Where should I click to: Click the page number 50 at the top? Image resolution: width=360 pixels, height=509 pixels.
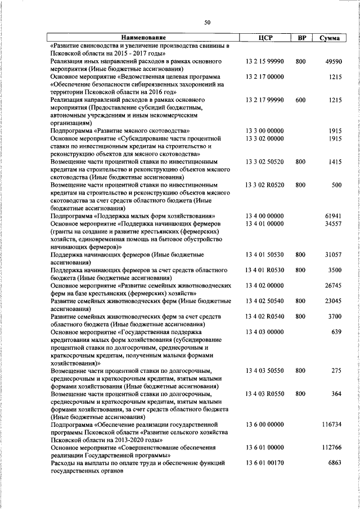[x=208, y=22]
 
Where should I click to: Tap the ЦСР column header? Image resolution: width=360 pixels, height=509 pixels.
[x=264, y=38]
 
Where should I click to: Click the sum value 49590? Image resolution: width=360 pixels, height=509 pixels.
[x=334, y=61]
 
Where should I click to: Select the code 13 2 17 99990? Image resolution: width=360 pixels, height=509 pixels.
[x=264, y=100]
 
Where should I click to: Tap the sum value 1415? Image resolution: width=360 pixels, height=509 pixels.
[x=335, y=161]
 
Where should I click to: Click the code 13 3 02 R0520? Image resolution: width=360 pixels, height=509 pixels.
[x=264, y=184]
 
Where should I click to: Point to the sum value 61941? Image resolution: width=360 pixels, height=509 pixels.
[x=334, y=215]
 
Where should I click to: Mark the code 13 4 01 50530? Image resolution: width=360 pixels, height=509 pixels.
[x=264, y=254]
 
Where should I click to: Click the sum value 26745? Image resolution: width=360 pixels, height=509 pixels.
[x=334, y=285]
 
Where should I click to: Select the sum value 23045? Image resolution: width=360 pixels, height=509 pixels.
[x=334, y=301]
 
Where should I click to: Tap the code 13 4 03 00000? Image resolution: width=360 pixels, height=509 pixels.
[x=264, y=332]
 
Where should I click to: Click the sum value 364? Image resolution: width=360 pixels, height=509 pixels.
[x=336, y=394]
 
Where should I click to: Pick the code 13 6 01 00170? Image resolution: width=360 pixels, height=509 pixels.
[x=264, y=463]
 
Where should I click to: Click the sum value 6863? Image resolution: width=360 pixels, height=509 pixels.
[x=335, y=463]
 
